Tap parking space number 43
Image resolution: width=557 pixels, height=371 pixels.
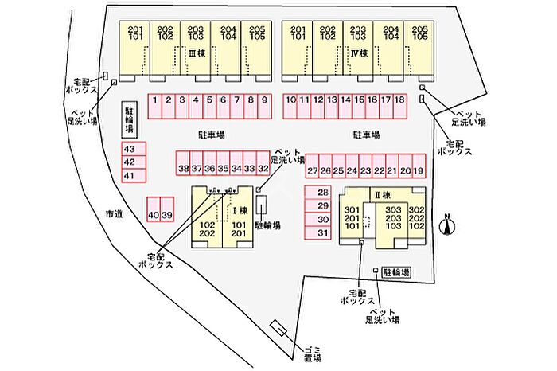click(x=130, y=149)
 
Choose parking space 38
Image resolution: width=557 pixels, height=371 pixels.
click(x=183, y=169)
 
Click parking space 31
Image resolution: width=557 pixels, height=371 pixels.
click(x=323, y=232)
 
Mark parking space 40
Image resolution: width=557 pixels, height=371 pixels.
click(x=154, y=215)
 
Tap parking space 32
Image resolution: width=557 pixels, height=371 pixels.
click(x=263, y=169)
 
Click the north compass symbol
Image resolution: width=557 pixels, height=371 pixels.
click(x=448, y=225)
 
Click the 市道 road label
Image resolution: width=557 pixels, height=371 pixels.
click(x=115, y=213)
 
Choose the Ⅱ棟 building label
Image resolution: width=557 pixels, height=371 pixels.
click(x=381, y=196)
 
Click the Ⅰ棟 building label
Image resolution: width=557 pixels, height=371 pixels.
click(x=236, y=209)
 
